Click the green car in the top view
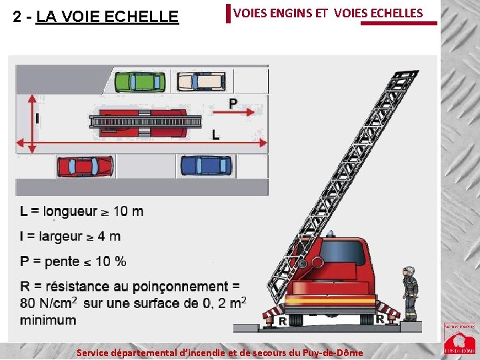[x=141, y=81]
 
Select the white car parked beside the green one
[x=200, y=81]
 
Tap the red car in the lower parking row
[x=85, y=165]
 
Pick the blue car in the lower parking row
[x=206, y=165]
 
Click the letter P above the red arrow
[x=233, y=103]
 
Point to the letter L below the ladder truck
[x=215, y=135]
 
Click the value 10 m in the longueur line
[x=128, y=212]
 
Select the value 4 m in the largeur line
[x=109, y=237]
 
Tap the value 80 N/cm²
[x=49, y=303]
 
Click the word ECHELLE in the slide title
[x=143, y=17]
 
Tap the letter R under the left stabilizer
[x=283, y=321]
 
